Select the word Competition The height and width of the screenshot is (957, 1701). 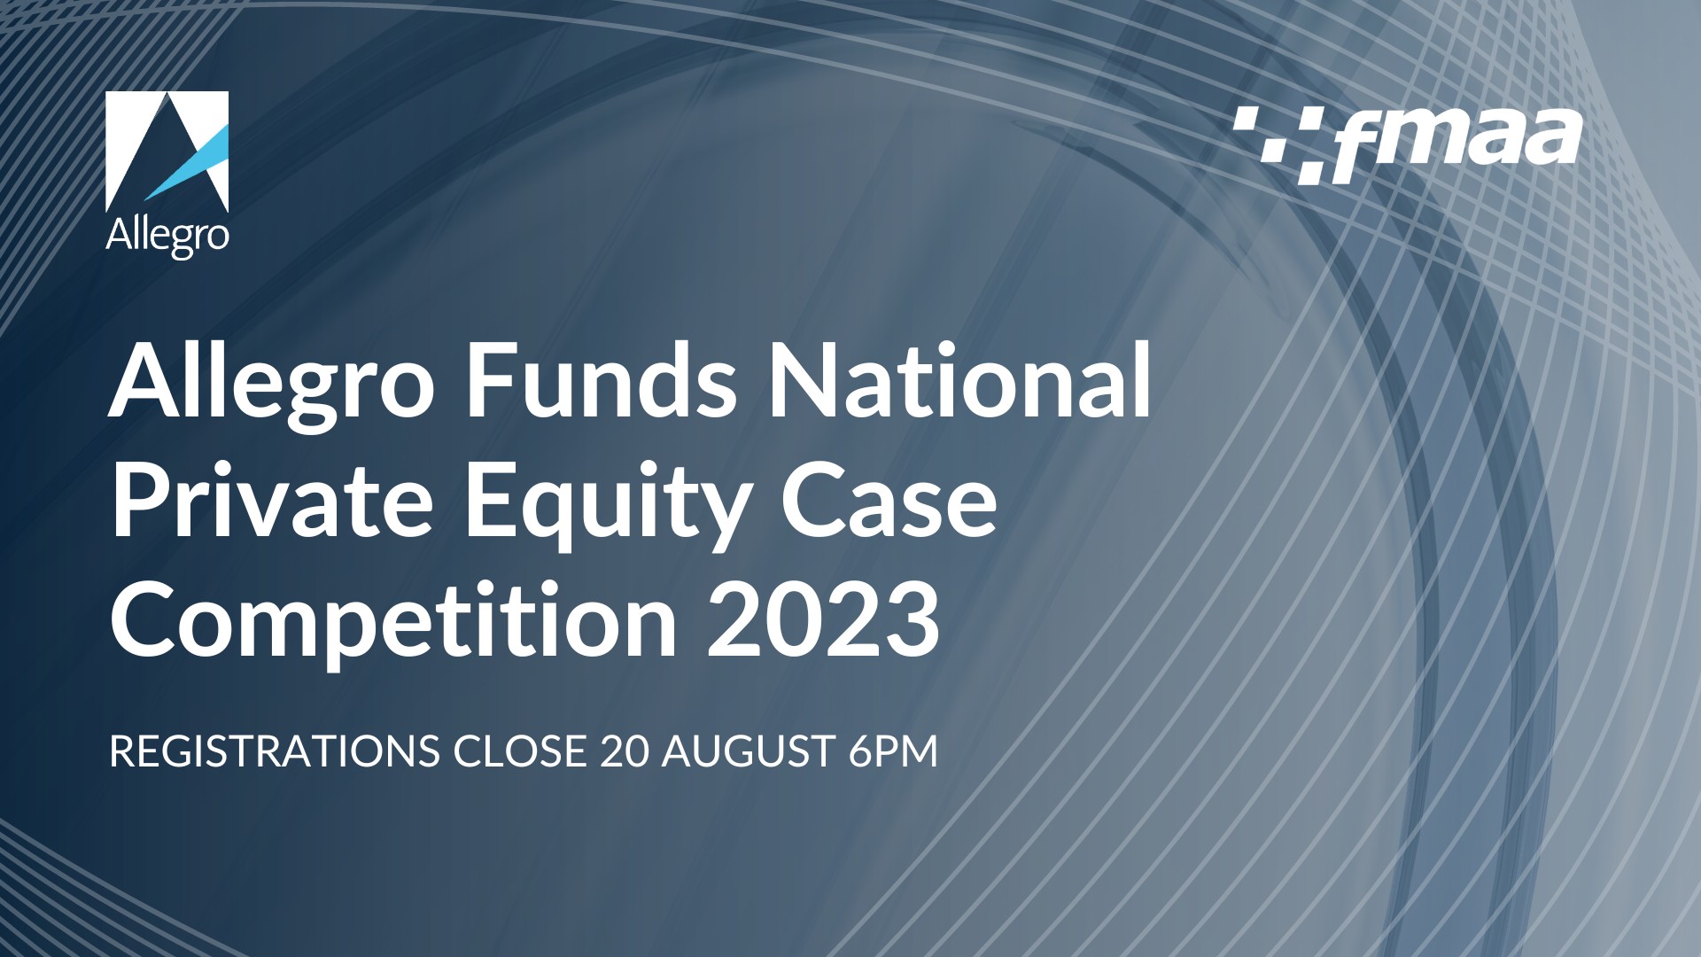click(392, 623)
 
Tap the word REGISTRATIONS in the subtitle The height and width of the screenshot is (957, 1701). click(275, 751)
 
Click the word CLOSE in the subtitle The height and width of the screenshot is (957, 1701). click(519, 751)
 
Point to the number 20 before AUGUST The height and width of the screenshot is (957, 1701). click(625, 751)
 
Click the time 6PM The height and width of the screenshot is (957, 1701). click(892, 751)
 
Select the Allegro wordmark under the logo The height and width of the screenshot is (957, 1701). click(167, 237)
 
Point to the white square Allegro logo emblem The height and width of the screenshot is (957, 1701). click(167, 152)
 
